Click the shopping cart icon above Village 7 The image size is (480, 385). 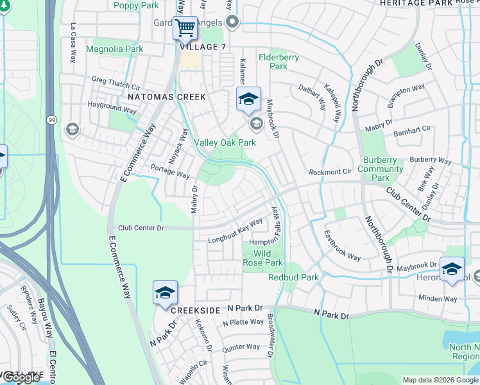point(185,28)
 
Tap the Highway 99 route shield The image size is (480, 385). point(50,119)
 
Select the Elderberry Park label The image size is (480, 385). point(279,62)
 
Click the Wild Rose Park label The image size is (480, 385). point(263,258)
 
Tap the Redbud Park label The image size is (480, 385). point(293,277)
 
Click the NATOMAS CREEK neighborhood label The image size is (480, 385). point(166,97)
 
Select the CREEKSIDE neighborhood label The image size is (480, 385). point(196,310)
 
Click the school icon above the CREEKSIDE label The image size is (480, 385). point(165,293)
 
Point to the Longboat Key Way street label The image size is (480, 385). point(236,231)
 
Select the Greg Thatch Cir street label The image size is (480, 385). point(116,83)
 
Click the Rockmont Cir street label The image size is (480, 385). point(330,172)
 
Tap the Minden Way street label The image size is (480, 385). point(438,298)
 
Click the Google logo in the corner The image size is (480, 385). point(21,377)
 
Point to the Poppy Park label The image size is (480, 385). point(135,6)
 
